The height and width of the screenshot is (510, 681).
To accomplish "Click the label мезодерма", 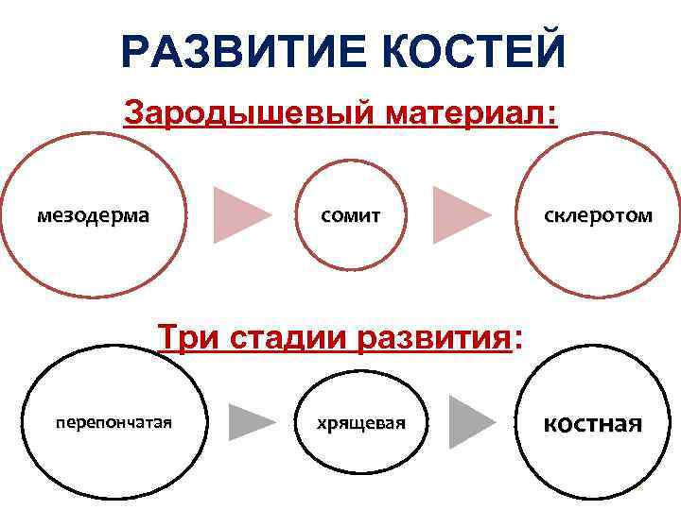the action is click(93, 215).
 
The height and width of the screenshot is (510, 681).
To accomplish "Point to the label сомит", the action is click(351, 215).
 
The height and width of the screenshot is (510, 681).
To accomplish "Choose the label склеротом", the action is click(598, 215).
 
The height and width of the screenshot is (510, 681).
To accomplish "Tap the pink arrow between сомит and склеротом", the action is click(460, 215).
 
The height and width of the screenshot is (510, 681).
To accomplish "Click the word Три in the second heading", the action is click(185, 336).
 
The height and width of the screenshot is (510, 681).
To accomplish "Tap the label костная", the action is click(592, 422).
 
